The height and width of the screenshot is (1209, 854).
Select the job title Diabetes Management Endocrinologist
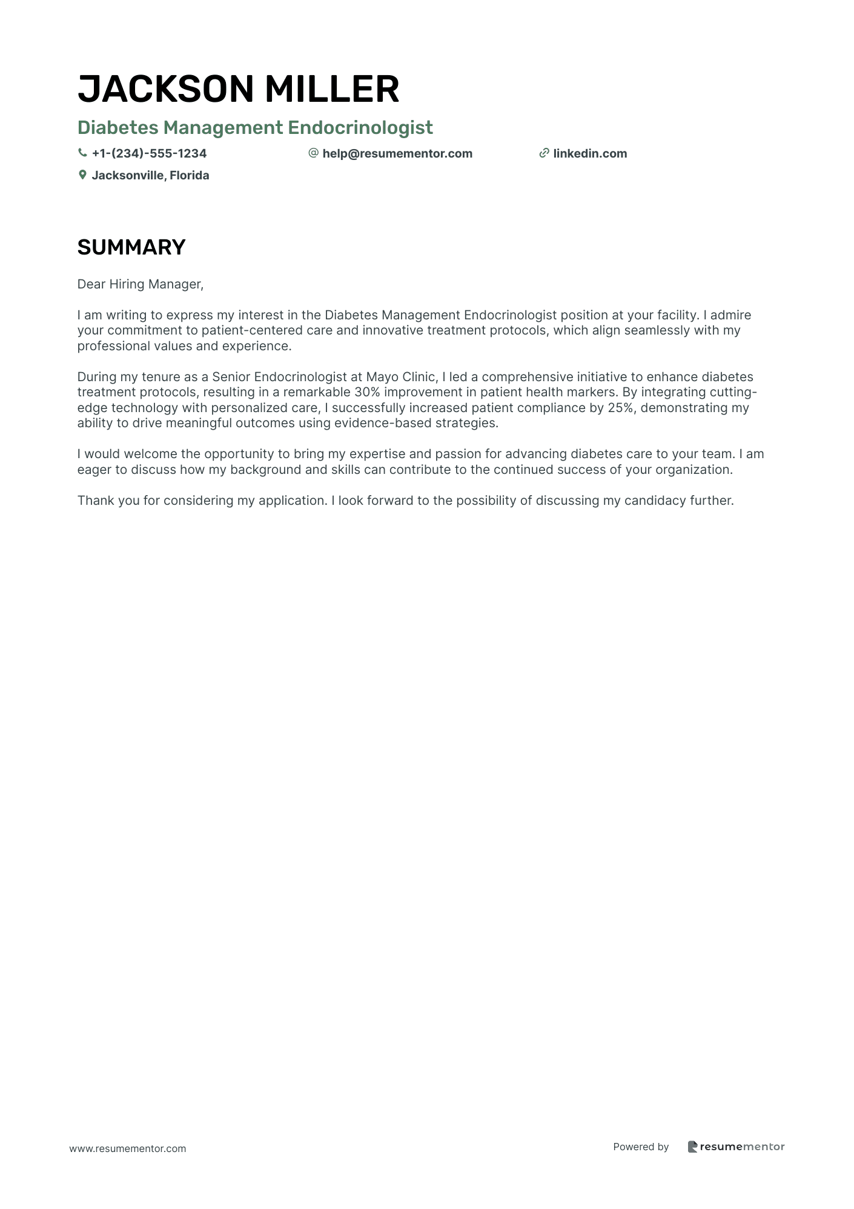(255, 128)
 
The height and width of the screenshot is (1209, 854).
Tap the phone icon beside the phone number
(82, 153)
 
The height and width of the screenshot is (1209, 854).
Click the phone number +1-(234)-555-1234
(149, 154)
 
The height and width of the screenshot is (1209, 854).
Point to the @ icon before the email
(313, 153)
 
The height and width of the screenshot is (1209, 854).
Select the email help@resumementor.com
(397, 154)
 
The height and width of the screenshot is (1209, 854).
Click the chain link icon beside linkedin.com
(544, 153)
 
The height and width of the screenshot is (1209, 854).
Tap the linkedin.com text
(590, 154)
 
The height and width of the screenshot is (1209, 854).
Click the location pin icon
(82, 175)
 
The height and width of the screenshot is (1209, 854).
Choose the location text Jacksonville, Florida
(150, 176)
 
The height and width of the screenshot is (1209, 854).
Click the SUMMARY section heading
(131, 247)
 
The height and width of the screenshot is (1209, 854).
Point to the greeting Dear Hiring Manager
(140, 285)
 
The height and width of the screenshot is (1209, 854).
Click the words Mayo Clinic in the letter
(401, 377)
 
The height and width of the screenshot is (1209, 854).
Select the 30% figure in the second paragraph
(367, 393)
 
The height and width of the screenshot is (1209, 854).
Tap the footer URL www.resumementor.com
(128, 1148)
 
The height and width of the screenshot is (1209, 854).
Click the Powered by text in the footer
(641, 1147)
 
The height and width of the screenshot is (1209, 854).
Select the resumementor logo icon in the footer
(692, 1147)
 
